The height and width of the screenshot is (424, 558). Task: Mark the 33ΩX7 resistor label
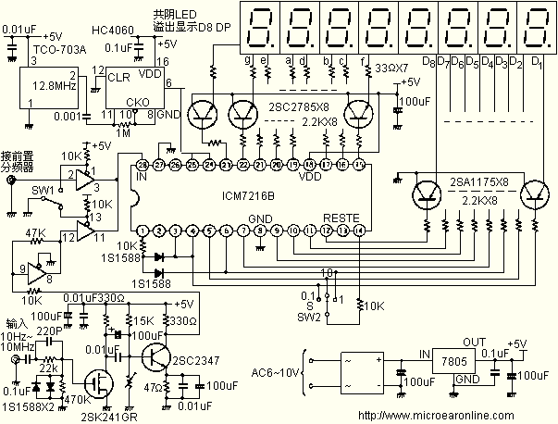(392, 68)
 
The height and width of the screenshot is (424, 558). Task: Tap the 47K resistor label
(35, 233)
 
